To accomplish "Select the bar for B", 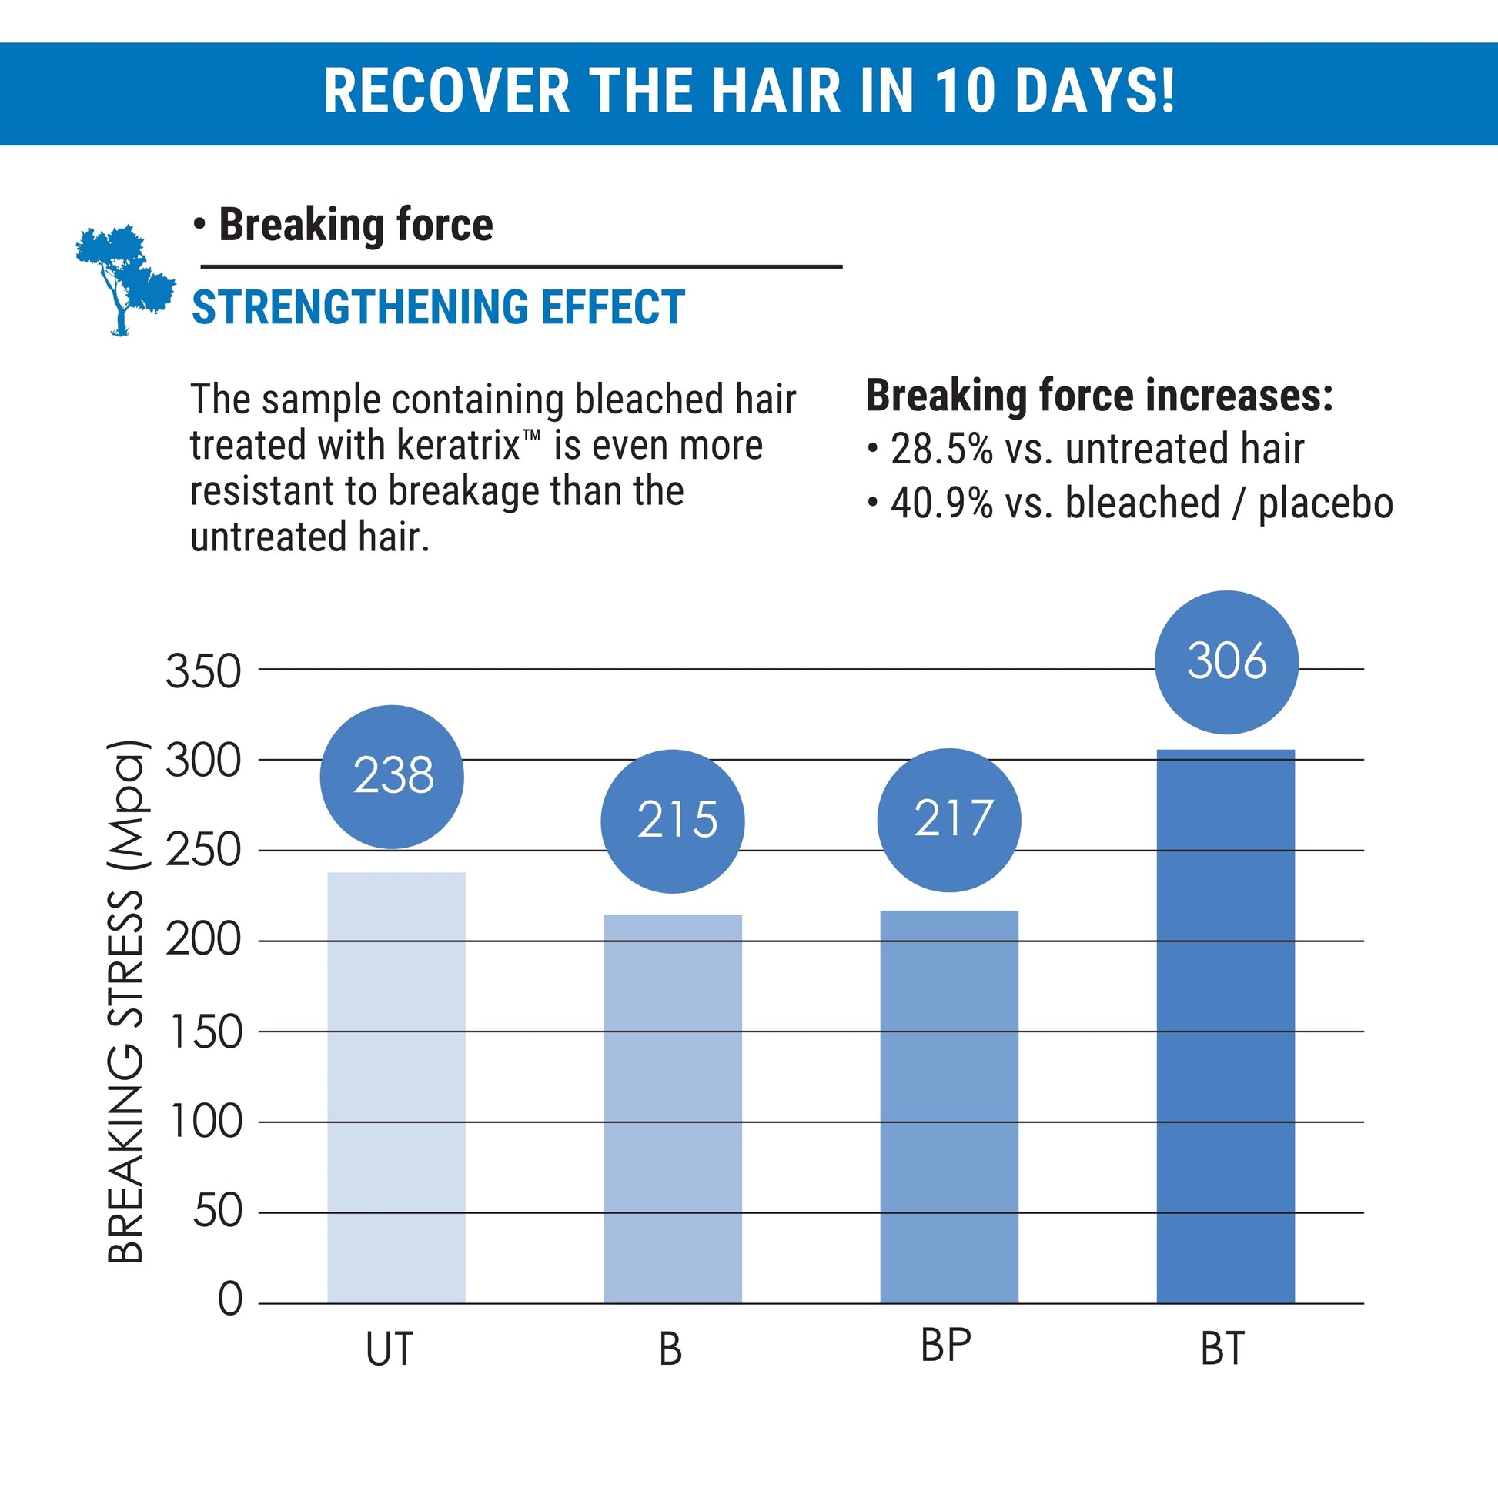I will tap(672, 1108).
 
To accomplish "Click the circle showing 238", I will tap(393, 776).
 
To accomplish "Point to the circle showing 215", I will tap(672, 821).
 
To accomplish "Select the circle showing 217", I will tap(949, 820).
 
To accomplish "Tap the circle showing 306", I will tap(1225, 662).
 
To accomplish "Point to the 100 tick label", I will tap(205, 1122).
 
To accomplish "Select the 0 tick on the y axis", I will tap(230, 1299).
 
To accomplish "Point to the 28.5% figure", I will tap(941, 449).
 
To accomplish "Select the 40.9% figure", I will tap(941, 503).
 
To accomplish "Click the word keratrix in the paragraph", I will tap(459, 446).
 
